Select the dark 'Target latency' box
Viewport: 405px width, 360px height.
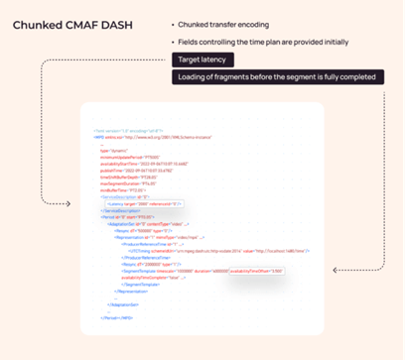pyautogui.click(x=204, y=60)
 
